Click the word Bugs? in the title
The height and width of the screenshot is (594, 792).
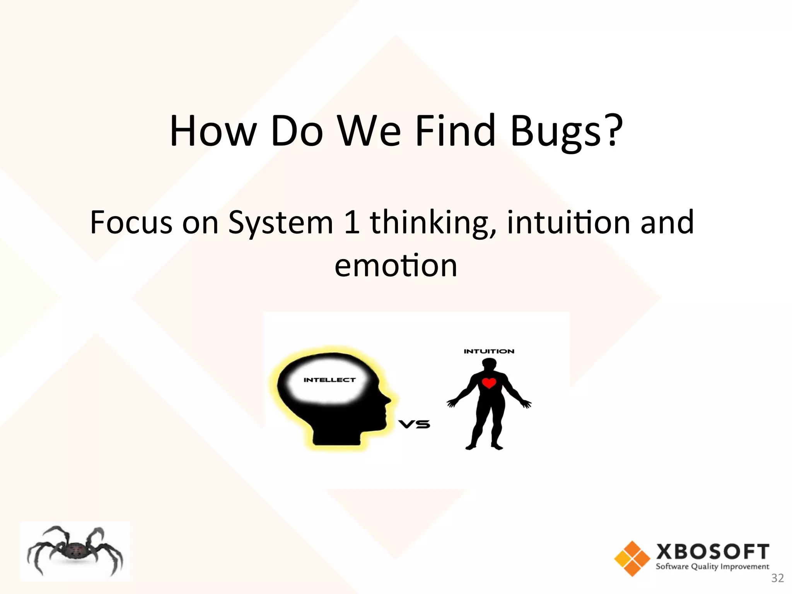567,131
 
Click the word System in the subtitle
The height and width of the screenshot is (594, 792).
280,223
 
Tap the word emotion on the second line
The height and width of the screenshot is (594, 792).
396,266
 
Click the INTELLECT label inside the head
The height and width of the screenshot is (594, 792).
329,380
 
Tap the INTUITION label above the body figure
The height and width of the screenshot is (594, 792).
489,351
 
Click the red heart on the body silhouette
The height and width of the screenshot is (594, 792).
489,383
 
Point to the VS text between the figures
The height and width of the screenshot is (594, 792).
414,424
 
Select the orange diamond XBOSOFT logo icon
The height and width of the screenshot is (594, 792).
632,558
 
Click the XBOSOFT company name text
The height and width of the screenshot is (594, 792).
712,551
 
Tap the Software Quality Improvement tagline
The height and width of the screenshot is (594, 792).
712,567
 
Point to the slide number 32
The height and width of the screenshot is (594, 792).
777,578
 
